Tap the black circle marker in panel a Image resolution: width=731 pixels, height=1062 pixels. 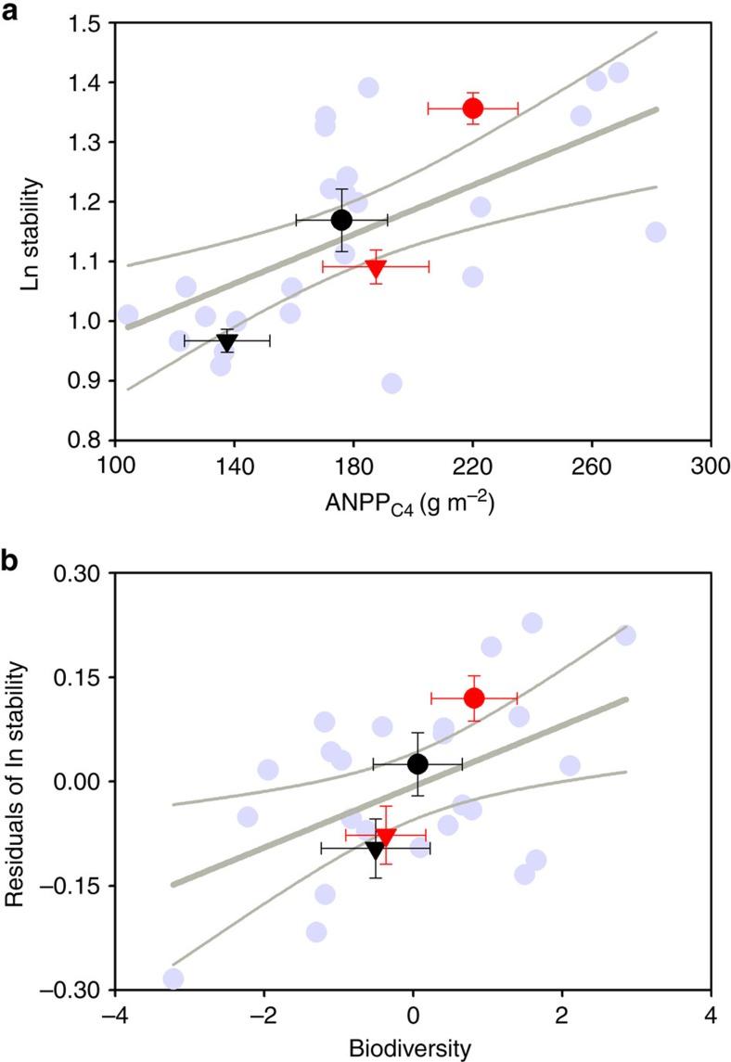tap(341, 220)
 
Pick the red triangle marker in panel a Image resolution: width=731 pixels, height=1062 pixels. tap(376, 268)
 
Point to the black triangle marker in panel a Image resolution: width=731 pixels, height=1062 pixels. tap(227, 342)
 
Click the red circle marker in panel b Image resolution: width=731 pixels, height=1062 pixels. tap(474, 697)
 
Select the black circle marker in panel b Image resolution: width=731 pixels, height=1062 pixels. tap(417, 763)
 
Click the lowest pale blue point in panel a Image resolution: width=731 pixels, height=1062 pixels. tap(391, 383)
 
